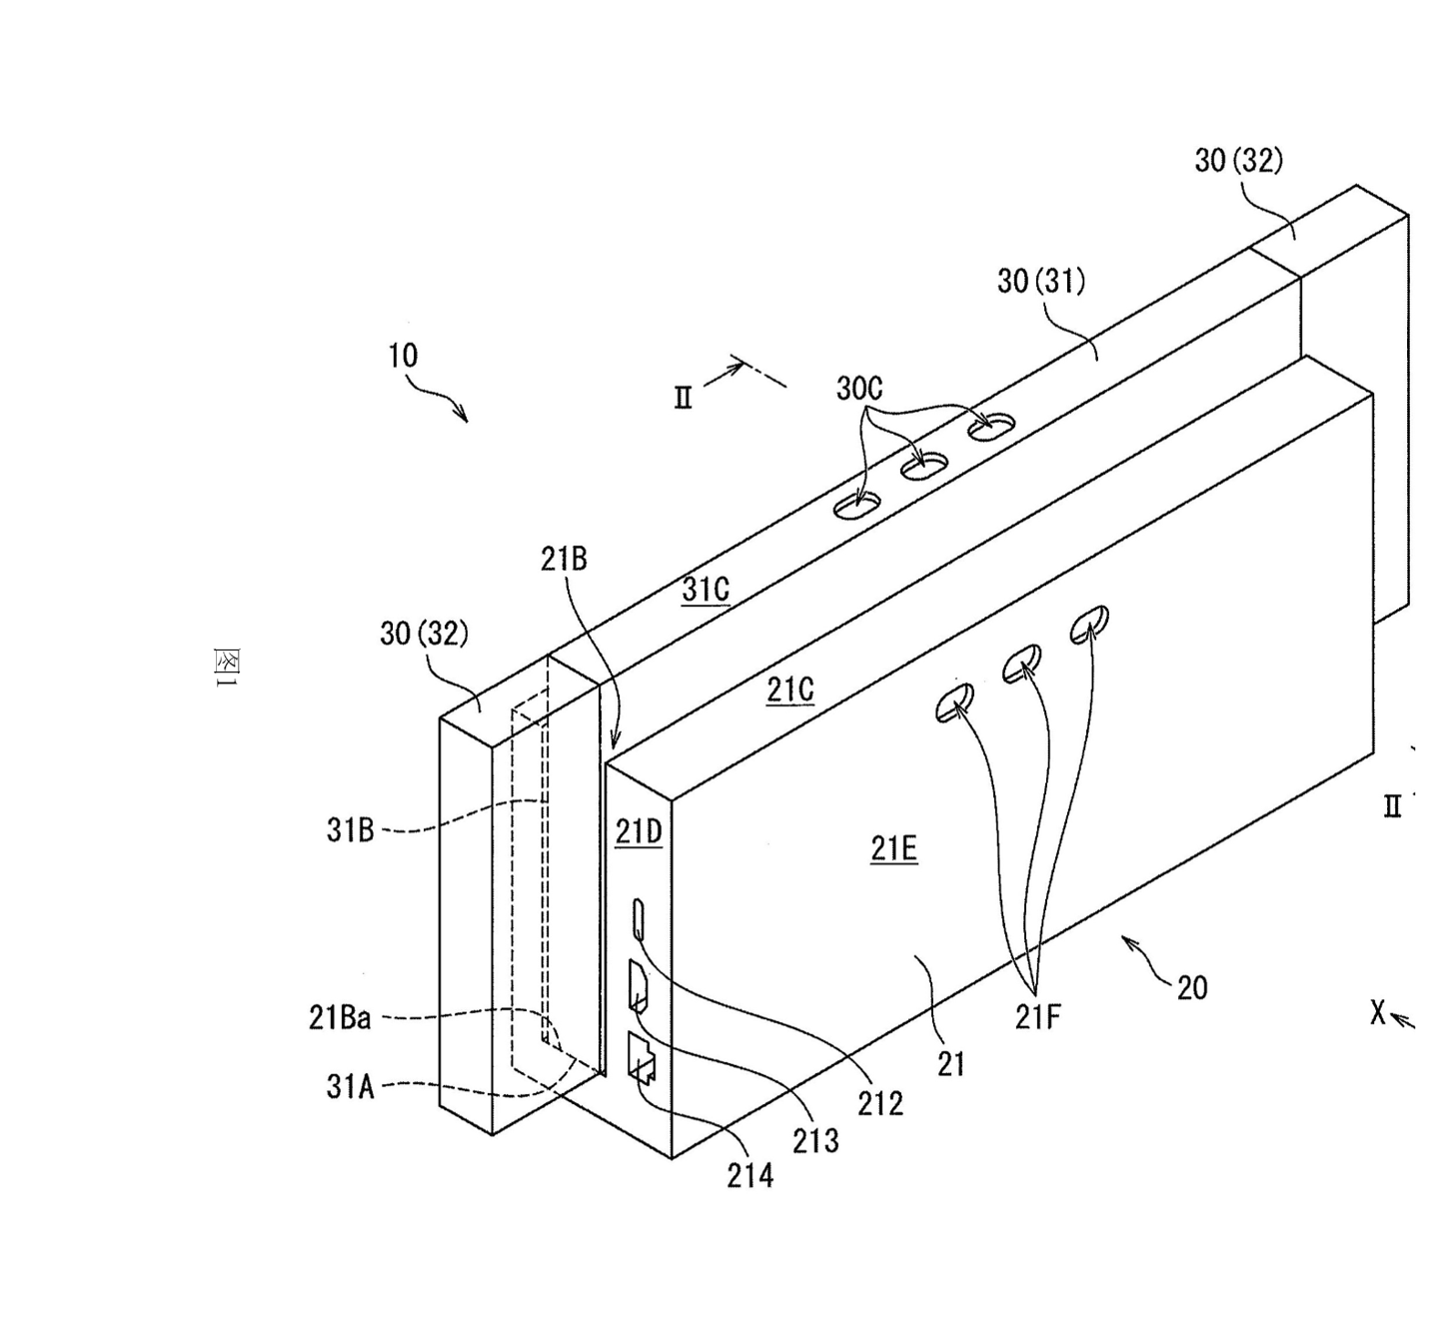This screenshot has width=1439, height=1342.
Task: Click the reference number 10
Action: pos(404,356)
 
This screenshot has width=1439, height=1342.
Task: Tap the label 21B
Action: pos(564,560)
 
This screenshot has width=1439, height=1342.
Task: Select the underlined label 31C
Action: pos(706,590)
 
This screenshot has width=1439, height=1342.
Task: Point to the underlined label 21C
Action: pos(789,690)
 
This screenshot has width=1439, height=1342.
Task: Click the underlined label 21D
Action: pos(639,832)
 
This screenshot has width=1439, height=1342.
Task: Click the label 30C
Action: pos(860,389)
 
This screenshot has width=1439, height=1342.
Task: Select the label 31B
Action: pos(350,830)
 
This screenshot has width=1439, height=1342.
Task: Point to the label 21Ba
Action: pos(339,1018)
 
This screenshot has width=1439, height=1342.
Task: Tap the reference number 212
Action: pos(880,1103)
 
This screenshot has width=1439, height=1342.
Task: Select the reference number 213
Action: pos(815,1141)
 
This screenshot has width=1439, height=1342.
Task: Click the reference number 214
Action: pos(749,1176)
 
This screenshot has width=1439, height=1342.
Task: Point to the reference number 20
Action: pos(1192,987)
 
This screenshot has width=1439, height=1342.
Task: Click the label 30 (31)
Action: pos(1041,281)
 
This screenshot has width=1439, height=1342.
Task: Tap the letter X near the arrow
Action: pos(1377,1012)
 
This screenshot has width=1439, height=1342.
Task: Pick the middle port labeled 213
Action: pos(638,985)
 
